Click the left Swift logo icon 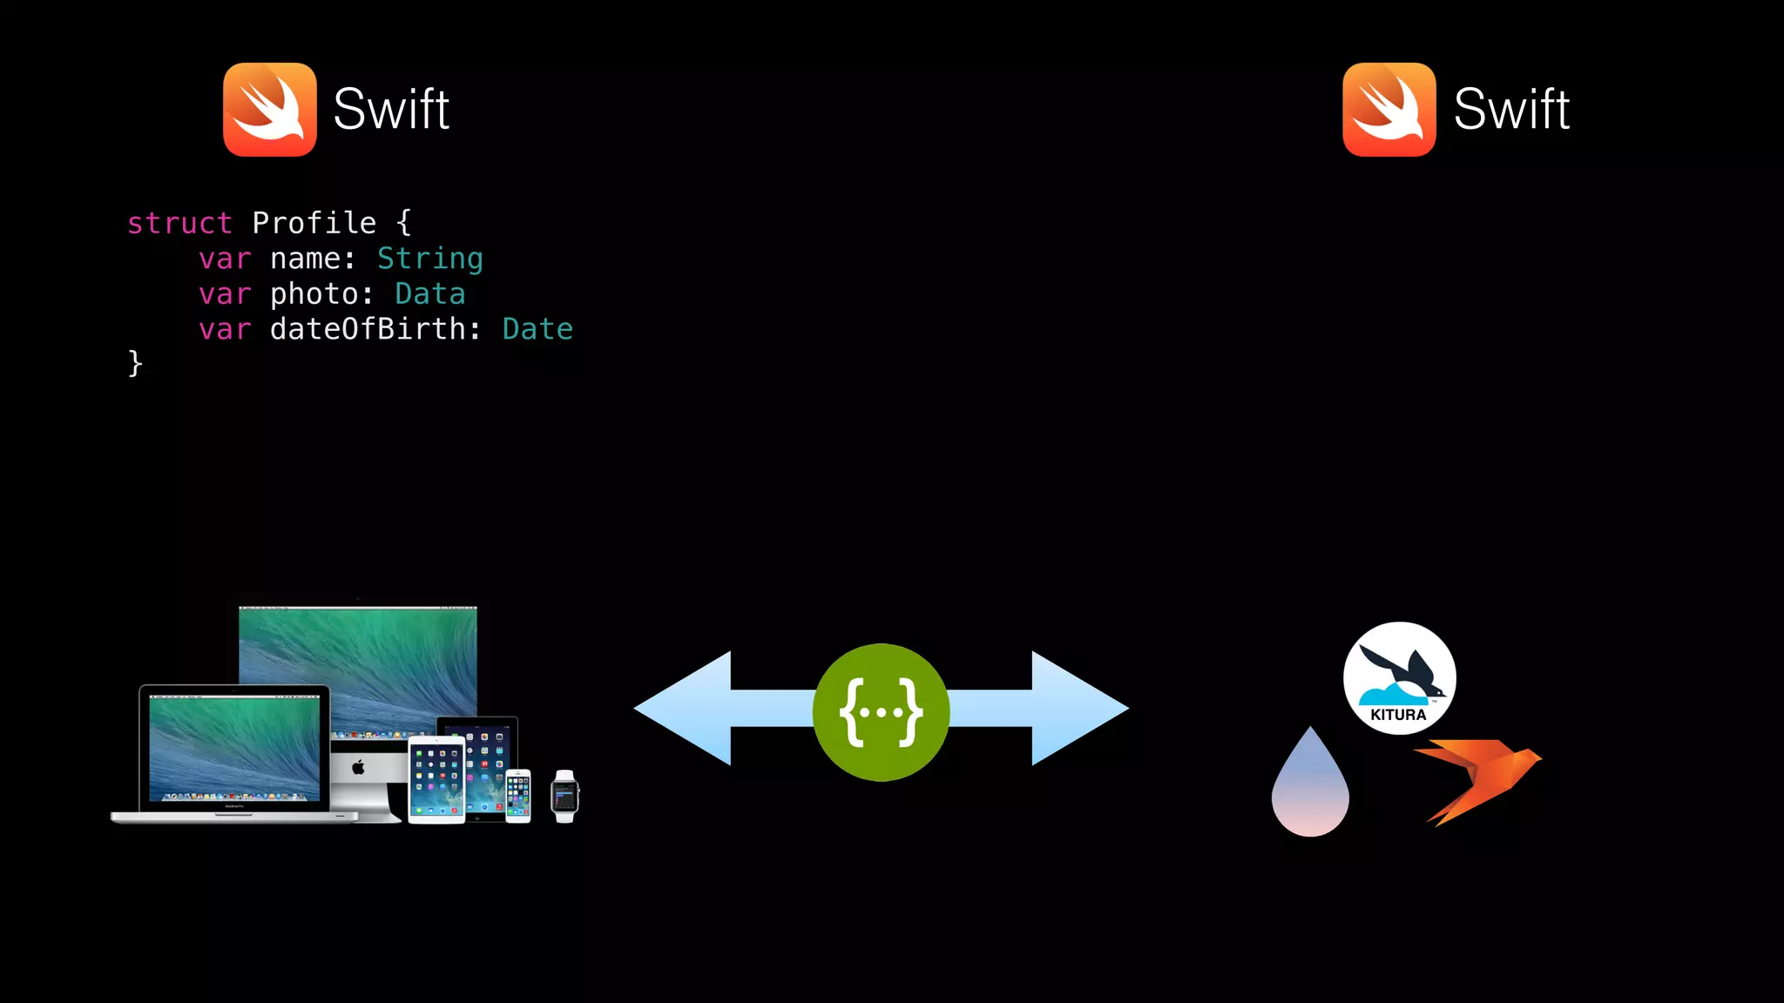click(270, 110)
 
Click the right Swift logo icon click(1389, 110)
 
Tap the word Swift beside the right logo click(1511, 110)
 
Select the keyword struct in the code click(179, 224)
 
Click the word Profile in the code click(314, 224)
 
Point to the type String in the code click(429, 259)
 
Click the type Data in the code click(429, 294)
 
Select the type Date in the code click(537, 329)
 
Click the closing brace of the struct click(135, 363)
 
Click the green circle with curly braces click(881, 712)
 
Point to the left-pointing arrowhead click(684, 709)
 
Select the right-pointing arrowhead click(1079, 709)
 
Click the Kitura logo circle click(1399, 678)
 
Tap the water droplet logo click(1310, 789)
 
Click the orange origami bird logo click(1479, 777)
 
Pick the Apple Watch click(564, 797)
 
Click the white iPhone click(518, 796)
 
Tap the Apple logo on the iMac click(358, 767)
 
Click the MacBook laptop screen click(234, 748)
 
